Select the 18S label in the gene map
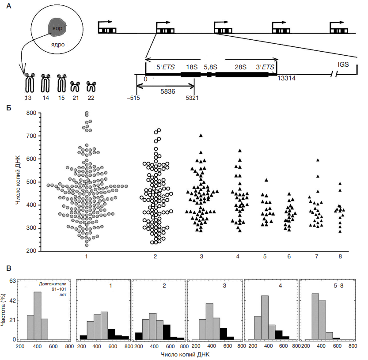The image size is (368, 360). (192, 67)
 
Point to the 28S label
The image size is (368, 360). (240, 67)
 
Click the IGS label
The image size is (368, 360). (343, 64)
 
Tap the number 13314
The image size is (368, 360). (286, 78)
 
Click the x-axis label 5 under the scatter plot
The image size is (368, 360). (266, 257)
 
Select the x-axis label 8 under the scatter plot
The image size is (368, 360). (340, 257)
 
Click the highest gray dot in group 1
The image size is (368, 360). (87, 113)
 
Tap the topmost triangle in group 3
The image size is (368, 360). (201, 136)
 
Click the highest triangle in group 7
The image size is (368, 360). (318, 160)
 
